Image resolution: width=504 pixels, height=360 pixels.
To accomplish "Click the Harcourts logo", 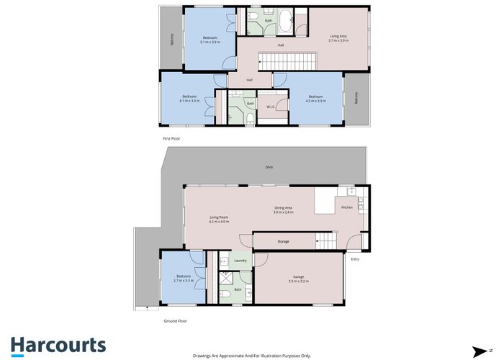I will [x=58, y=345].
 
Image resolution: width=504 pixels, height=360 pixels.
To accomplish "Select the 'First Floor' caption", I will [x=170, y=137].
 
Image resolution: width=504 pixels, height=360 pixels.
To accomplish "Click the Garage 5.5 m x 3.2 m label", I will [x=298, y=279].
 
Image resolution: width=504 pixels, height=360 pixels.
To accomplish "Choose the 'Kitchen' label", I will [x=346, y=207].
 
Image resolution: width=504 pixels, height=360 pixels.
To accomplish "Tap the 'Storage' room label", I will [x=283, y=241].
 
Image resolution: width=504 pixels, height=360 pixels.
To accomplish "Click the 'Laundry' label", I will [x=240, y=260].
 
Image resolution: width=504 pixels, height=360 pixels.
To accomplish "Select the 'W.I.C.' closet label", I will [x=271, y=108].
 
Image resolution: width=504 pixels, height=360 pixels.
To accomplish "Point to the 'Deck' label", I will [x=269, y=167].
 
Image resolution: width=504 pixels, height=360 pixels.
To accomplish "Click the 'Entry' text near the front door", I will [x=354, y=259].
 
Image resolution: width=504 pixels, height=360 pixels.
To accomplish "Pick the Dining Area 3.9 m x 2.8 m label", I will [x=282, y=210].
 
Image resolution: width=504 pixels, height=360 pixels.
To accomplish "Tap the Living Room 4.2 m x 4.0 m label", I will [x=219, y=220].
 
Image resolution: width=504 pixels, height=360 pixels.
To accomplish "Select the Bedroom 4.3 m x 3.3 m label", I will [x=315, y=99].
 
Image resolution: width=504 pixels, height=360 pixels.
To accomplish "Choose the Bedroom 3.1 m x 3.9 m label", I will [x=210, y=40].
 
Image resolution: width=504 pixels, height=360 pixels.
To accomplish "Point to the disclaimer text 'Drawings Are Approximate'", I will [x=251, y=355].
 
